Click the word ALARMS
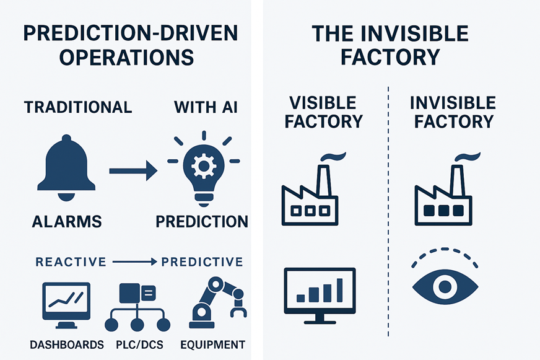pos(66,221)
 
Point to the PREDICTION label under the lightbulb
pos(202,221)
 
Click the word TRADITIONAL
pos(78,107)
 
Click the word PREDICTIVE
pos(202,261)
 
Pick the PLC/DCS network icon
pos(137,307)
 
